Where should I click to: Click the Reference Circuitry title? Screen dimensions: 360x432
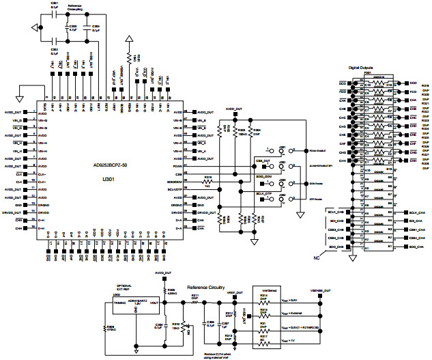coord(207,288)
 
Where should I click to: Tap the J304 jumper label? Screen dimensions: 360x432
coord(282,195)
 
